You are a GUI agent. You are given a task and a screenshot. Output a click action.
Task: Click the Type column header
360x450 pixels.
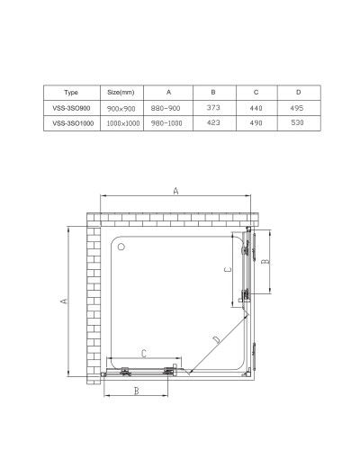click(x=72, y=92)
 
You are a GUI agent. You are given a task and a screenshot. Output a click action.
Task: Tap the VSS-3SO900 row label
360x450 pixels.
click(x=72, y=108)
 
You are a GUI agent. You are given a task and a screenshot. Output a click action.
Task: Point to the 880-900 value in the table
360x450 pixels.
click(x=168, y=108)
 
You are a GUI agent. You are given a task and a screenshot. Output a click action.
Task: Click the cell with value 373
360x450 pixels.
click(x=213, y=108)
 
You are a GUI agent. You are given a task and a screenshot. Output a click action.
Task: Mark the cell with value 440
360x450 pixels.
click(x=256, y=108)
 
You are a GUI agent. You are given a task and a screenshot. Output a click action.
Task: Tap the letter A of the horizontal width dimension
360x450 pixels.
click(x=175, y=191)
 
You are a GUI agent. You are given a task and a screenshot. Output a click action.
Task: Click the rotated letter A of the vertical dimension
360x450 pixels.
click(x=63, y=301)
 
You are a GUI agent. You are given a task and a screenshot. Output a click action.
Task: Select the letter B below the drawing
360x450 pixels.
click(x=135, y=391)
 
